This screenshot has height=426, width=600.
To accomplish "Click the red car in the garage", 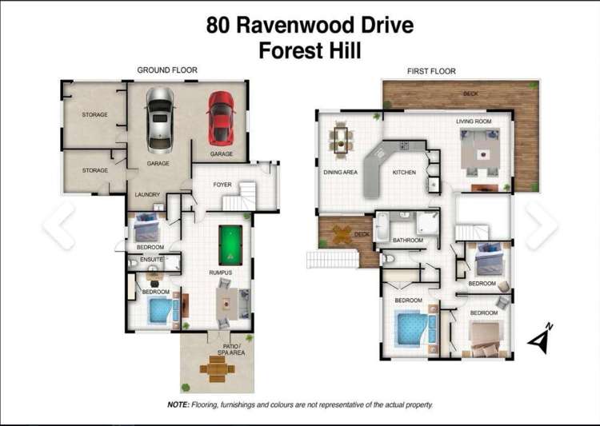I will [x=220, y=117].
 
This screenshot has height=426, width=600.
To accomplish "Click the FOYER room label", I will [x=222, y=185].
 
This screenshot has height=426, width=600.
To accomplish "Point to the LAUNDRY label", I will [x=147, y=194].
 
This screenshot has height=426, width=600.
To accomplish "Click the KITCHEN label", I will [x=403, y=172].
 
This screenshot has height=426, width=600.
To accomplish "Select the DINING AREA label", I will [x=339, y=172].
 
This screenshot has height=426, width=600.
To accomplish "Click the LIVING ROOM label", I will [x=474, y=121].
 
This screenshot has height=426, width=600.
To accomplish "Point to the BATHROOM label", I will [x=407, y=240].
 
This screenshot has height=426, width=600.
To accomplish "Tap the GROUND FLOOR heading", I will [x=166, y=70].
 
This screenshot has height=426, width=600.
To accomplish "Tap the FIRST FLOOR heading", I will [x=431, y=71].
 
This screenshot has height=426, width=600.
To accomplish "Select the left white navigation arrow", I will [x=58, y=225].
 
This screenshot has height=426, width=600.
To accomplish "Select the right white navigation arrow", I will [x=541, y=225].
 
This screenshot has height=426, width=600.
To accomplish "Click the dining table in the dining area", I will [x=342, y=141].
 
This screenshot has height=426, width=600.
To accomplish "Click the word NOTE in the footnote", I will [x=178, y=405].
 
